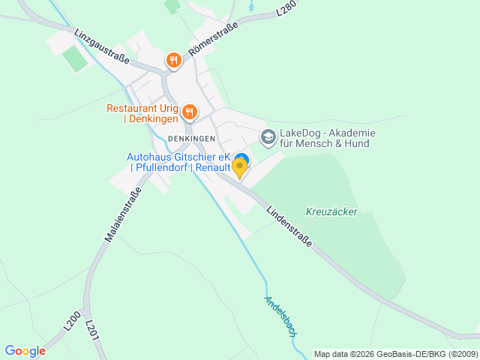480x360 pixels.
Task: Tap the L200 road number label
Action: click(x=72, y=321)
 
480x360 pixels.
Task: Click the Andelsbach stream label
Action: click(x=280, y=315)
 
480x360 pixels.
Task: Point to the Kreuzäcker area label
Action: click(x=331, y=211)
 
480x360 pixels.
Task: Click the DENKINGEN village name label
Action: click(x=191, y=139)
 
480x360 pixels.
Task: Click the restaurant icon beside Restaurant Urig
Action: click(x=189, y=112)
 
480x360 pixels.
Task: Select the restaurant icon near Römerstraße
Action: click(x=174, y=59)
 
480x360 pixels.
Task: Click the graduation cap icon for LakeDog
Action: click(x=268, y=137)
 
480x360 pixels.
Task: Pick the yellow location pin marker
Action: click(x=240, y=168)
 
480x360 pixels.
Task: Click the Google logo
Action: click(x=25, y=350)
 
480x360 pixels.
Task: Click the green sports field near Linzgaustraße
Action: click(x=75, y=59)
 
